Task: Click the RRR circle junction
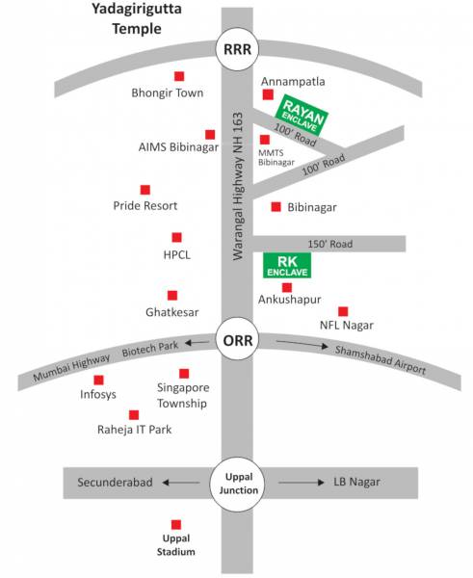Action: tap(236, 51)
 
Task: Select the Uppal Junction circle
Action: tap(236, 483)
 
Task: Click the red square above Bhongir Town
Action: tap(178, 76)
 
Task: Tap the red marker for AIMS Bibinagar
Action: tap(210, 134)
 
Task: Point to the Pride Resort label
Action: tap(145, 206)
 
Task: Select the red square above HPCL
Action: tap(176, 237)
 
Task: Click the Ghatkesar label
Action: tap(172, 313)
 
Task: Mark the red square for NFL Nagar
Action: tap(342, 310)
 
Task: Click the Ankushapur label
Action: tap(288, 301)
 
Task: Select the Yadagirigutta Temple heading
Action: tap(135, 19)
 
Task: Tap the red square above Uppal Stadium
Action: tap(176, 522)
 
